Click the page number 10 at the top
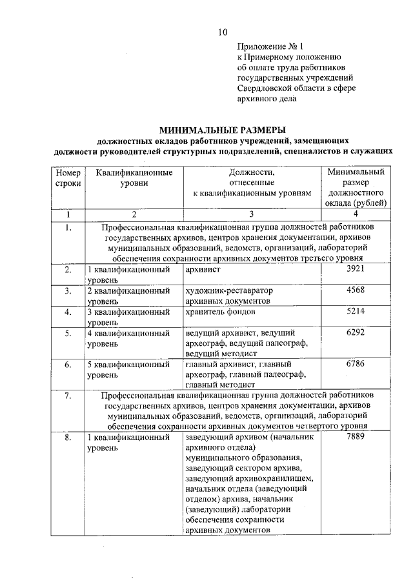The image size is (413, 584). coord(223,32)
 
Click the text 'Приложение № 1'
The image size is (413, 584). coord(269,46)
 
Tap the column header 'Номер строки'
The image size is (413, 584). coord(68,177)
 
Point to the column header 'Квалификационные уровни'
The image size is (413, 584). coord(134,177)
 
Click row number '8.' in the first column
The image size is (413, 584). coord(68,438)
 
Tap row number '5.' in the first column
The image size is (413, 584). coord(68,333)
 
